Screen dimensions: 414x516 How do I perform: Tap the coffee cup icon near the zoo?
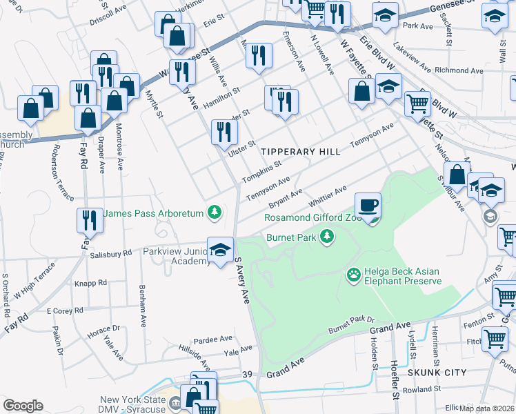tap(368, 205)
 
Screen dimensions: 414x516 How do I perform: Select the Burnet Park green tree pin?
tap(326, 238)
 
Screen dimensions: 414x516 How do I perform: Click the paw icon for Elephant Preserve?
tap(353, 275)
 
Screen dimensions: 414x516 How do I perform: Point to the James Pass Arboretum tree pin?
tap(215, 212)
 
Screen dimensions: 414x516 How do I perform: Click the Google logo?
tap(23, 405)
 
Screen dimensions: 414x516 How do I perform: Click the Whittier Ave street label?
tap(327, 195)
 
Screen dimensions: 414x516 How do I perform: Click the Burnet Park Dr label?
tap(350, 321)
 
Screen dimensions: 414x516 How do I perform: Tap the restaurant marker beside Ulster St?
tap(223, 131)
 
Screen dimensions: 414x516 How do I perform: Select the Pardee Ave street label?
tap(213, 339)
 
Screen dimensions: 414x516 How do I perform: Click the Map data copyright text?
tap(486, 407)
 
